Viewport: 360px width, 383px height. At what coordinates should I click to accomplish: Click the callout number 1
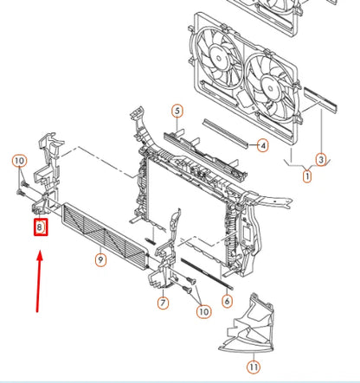(305, 176)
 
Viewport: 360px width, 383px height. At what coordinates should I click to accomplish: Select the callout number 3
(320, 159)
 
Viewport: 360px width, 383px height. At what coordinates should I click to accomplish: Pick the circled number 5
(177, 111)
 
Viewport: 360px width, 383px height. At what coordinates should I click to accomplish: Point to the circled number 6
(227, 301)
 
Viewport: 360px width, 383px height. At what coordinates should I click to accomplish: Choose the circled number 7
(163, 303)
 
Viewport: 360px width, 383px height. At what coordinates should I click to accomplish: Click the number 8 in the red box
(41, 228)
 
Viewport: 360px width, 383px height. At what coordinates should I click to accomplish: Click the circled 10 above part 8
(19, 160)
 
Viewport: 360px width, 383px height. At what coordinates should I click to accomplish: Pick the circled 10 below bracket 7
(202, 310)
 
